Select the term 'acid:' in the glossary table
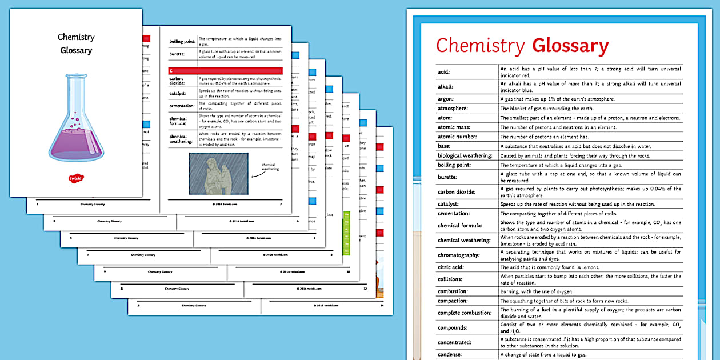(x=444, y=72)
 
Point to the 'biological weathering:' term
(x=465, y=155)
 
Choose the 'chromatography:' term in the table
(x=459, y=255)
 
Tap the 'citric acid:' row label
(x=451, y=267)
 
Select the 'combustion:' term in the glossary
(x=453, y=291)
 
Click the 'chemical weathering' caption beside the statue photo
(x=270, y=166)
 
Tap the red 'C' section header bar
(x=225, y=70)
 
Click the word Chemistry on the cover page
(x=76, y=37)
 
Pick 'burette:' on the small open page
(x=177, y=54)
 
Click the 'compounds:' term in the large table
(x=453, y=327)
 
